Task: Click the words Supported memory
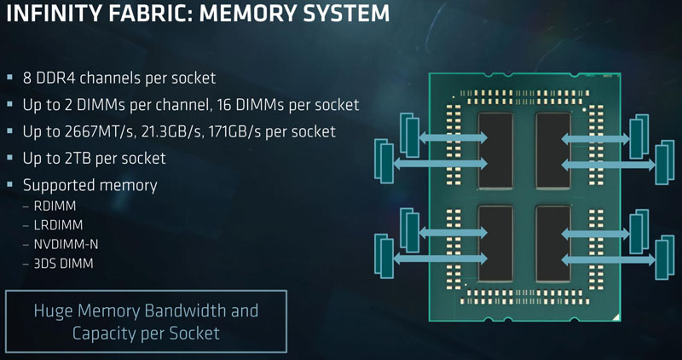[90, 184]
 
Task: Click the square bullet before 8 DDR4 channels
[10, 78]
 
